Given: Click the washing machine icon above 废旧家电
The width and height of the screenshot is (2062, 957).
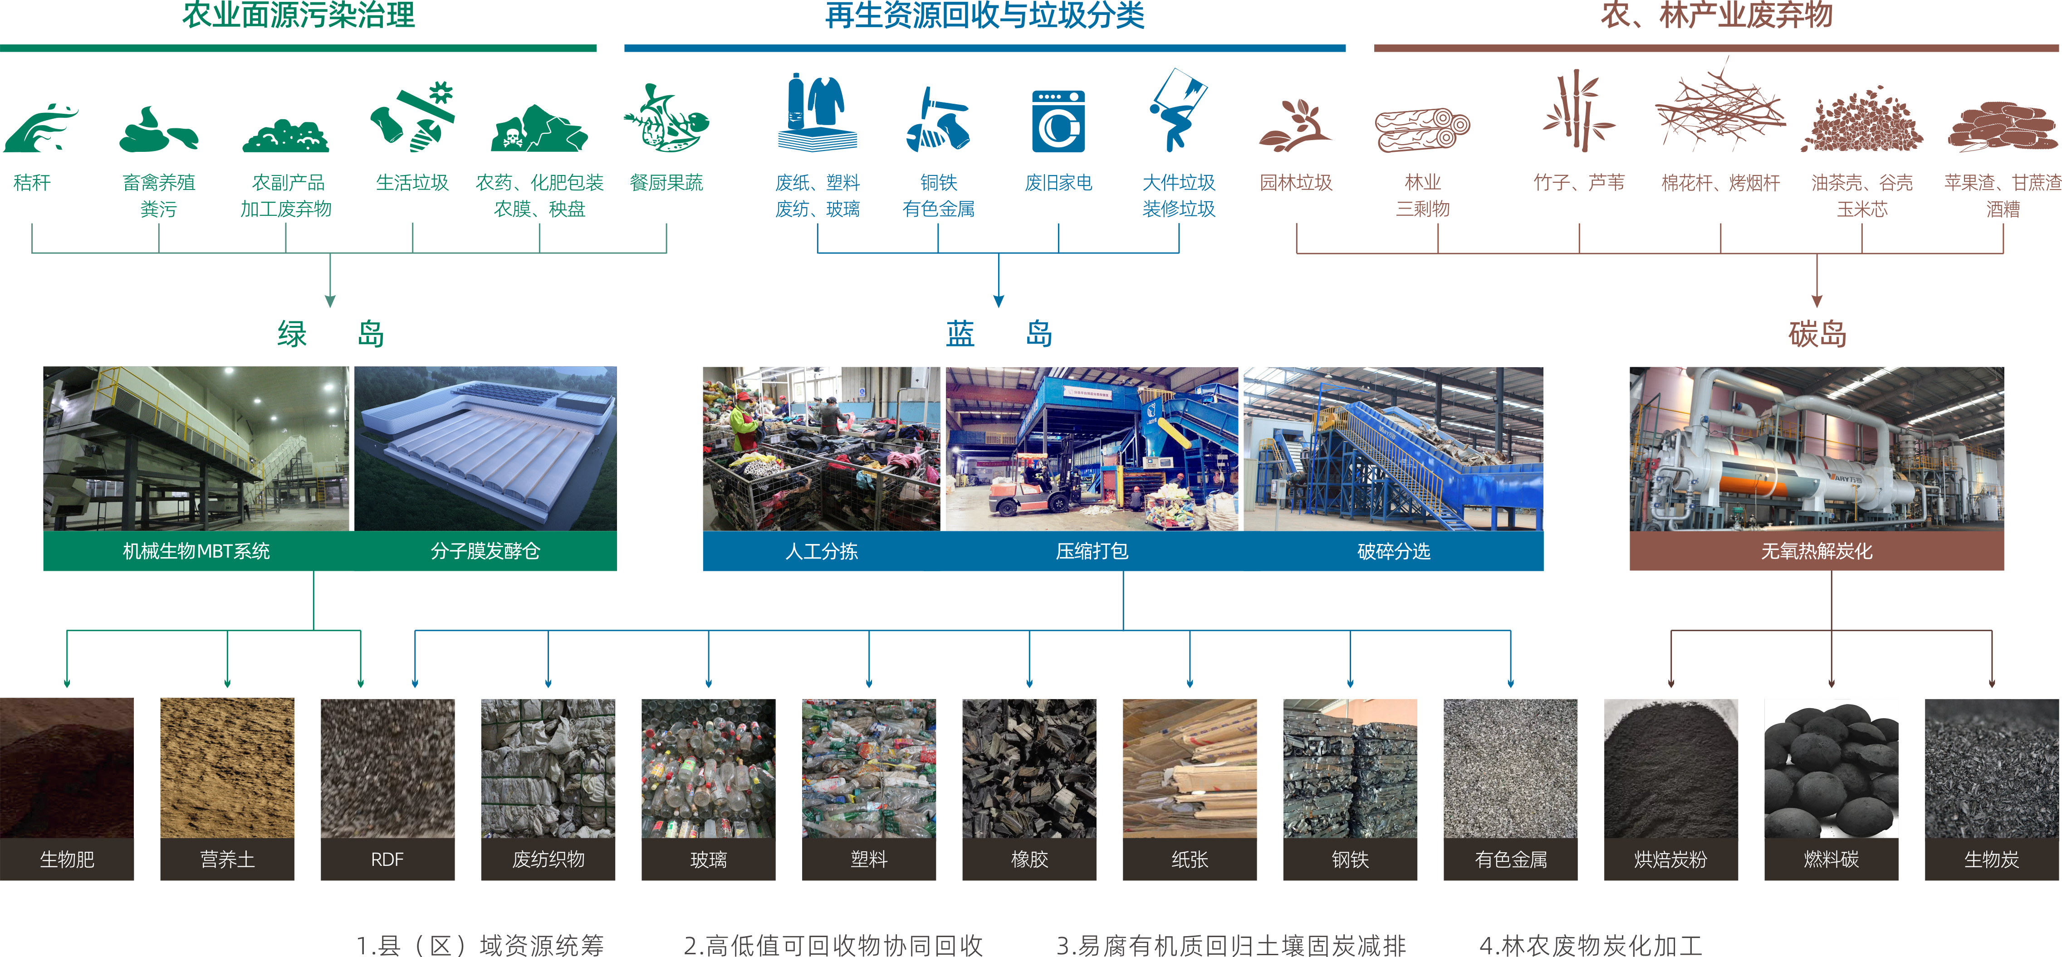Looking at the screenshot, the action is (1058, 121).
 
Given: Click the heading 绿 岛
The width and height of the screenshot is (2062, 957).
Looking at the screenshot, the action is (331, 334).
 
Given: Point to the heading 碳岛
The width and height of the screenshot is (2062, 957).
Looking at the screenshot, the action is (1817, 334).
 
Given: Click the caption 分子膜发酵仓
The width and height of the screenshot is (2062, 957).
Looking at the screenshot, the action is (485, 550).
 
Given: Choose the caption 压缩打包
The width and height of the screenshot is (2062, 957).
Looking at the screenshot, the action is (1092, 550).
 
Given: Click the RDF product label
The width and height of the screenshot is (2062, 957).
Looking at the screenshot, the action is (387, 860).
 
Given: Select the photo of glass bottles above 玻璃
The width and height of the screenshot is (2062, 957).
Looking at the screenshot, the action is (708, 768).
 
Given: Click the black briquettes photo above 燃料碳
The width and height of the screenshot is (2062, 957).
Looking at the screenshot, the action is (1832, 768).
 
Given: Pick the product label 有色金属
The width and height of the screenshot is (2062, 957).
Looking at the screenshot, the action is (1510, 860).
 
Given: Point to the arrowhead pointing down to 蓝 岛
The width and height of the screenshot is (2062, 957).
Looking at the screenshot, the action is (998, 301).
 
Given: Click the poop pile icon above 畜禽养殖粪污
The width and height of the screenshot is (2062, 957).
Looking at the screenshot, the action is (158, 128).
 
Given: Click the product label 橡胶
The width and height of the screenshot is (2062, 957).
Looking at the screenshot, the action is (1029, 860).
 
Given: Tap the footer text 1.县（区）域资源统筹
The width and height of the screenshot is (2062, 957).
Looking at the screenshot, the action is (480, 945).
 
